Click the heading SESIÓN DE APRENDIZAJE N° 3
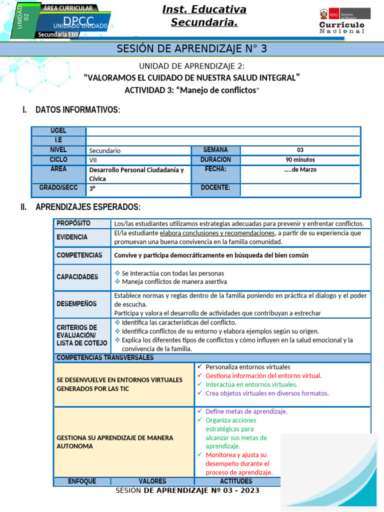[x=192, y=48]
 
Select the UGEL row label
[x=58, y=130]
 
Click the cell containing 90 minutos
[x=300, y=160]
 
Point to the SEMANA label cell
[x=215, y=150]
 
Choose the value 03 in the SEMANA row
[x=300, y=150]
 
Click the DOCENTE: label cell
[x=215, y=188]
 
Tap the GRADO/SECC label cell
[x=58, y=188]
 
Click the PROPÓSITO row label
[x=73, y=223]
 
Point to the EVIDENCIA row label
[x=72, y=237]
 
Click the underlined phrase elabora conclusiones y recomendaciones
[x=217, y=233]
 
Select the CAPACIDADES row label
[x=77, y=276]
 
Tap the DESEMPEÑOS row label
[x=76, y=303]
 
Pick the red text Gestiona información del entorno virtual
[x=263, y=375]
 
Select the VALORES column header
[x=152, y=481]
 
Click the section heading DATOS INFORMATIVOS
[x=77, y=109]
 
